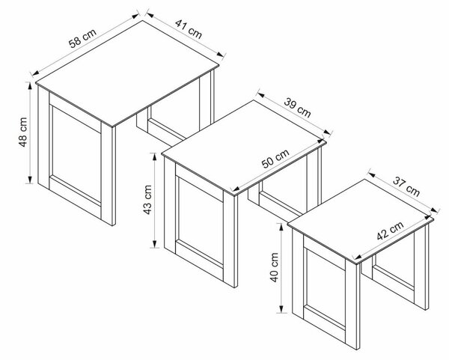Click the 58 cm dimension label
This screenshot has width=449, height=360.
point(83,38)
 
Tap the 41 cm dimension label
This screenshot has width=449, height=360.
point(189,28)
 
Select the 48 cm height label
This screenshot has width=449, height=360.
point(23,132)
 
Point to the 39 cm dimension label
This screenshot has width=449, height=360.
point(298,108)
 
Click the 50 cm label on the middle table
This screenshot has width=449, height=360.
point(275,159)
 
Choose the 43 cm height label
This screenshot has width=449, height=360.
point(147,200)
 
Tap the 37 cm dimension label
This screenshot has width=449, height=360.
point(406,186)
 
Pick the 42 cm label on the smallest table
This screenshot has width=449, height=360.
point(390,231)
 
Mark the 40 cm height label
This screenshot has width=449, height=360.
point(275,267)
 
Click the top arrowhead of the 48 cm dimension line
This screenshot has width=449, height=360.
point(29,85)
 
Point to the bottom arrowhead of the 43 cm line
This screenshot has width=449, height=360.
point(155,244)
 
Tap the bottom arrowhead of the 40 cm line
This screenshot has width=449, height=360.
point(281,309)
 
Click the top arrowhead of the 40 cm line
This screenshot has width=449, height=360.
point(281,227)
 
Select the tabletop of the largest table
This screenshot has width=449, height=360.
point(127,73)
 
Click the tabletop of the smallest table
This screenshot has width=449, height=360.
point(361,221)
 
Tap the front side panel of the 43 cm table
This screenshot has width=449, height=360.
point(201,223)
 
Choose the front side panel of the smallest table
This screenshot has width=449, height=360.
point(326,288)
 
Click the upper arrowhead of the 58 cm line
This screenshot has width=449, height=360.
point(135,16)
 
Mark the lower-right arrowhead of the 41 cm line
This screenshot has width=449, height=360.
point(221,54)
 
